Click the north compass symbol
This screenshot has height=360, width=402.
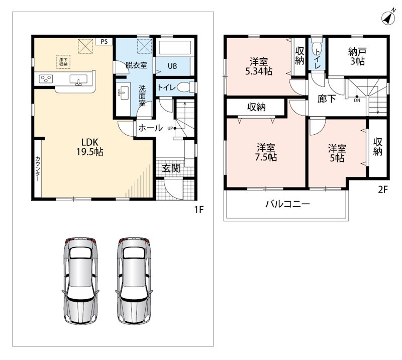[388, 18]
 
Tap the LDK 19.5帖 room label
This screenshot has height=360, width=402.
[90, 147]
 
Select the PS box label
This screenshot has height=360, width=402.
[104, 42]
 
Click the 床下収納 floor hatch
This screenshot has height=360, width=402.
[63, 62]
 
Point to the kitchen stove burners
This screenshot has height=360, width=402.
[46, 79]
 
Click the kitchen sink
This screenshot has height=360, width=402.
[78, 80]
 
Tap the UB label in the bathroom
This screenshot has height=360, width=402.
[172, 66]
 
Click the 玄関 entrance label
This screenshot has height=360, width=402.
[171, 168]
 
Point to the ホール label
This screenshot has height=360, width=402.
[150, 128]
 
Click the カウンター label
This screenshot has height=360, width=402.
[38, 168]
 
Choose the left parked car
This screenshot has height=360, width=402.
[80, 281]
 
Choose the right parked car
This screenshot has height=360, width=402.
[134, 281]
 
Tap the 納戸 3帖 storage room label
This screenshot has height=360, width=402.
[357, 56]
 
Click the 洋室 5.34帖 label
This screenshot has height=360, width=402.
[259, 66]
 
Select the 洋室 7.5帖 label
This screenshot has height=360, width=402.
[266, 152]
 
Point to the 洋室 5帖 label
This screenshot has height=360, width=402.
[337, 153]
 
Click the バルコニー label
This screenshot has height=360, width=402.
[287, 204]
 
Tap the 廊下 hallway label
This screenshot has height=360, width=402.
[327, 99]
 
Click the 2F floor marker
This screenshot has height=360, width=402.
[383, 190]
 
